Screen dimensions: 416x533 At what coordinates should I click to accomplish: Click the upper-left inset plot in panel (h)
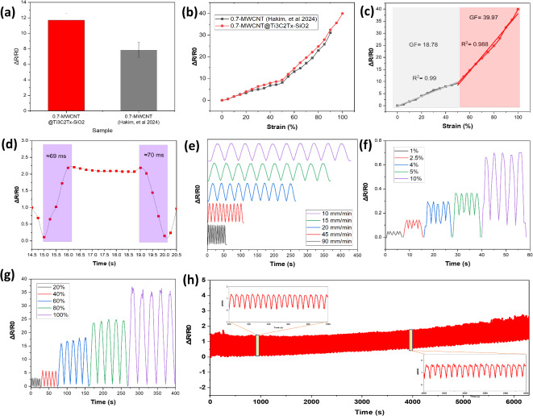[279, 302]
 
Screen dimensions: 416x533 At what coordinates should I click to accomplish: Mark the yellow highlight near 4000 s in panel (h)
[411, 340]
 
